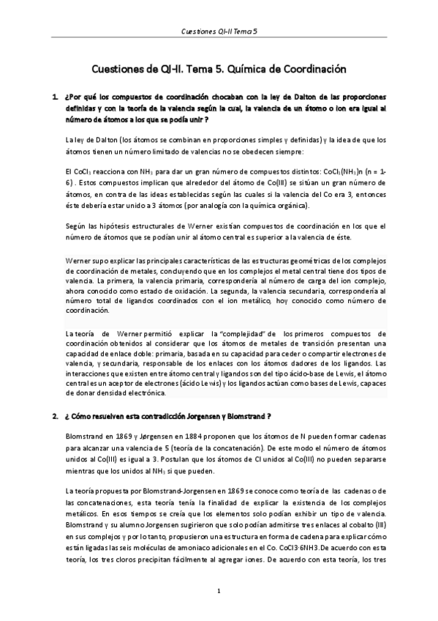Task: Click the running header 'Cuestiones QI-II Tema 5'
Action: [219, 33]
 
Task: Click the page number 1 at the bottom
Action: [219, 590]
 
